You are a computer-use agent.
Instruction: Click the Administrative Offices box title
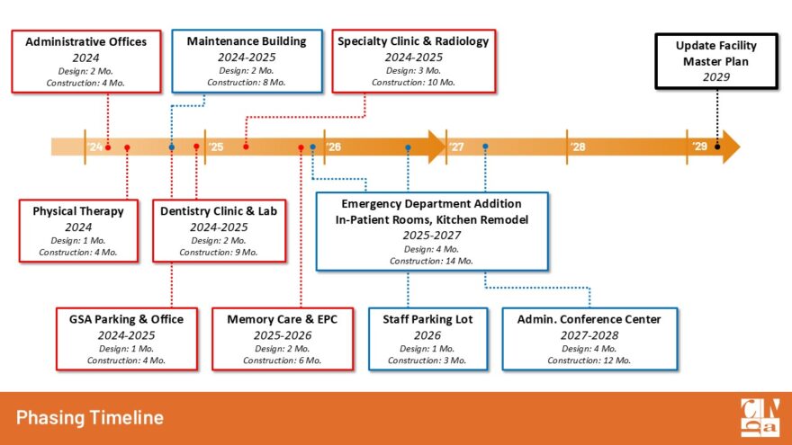point(85,42)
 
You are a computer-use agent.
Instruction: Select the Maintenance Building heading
point(247,41)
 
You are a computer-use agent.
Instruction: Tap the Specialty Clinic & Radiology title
point(413,41)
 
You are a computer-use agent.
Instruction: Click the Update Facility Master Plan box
point(716,61)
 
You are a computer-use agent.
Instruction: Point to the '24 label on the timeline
point(94,147)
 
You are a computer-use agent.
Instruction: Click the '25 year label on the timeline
point(216,147)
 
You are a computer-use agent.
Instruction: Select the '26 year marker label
point(333,147)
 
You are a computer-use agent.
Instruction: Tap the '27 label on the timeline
point(456,147)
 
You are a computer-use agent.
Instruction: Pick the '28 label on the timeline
point(578,147)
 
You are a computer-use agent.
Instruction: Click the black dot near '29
point(717,147)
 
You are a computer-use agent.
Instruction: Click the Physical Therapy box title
point(78,211)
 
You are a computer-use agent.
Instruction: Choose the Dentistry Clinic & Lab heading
point(219,211)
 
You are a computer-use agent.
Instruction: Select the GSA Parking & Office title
point(126,319)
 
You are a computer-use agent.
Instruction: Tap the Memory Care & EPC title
point(283,319)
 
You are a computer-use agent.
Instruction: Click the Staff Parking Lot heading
point(427,319)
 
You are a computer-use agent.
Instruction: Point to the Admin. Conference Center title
point(589,319)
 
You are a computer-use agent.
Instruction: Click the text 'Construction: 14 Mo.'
point(431,261)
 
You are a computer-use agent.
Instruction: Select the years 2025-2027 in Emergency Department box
point(432,236)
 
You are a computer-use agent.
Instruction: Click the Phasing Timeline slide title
point(90,418)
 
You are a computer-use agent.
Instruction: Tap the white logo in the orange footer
point(760,418)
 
